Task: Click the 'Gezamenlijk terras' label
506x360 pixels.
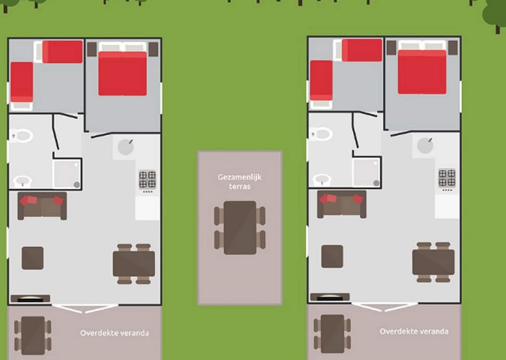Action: coord(239,181)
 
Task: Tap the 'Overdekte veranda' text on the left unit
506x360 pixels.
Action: coord(114,333)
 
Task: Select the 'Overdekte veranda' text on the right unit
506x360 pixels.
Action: coord(414,331)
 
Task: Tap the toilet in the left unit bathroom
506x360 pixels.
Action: coord(22,136)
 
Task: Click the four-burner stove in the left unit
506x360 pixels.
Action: coord(147,180)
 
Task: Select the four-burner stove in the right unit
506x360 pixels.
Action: coord(447,178)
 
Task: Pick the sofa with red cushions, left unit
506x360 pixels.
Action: coord(43,206)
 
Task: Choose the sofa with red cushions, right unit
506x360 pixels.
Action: coord(342,205)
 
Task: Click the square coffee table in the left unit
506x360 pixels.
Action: coord(32,258)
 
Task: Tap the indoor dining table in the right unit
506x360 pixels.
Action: coord(434,262)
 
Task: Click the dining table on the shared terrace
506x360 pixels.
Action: coord(240,228)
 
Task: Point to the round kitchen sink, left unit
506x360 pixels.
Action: coord(126,147)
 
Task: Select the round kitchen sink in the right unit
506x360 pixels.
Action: coord(426,146)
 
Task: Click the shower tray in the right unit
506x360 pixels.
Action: coord(366,173)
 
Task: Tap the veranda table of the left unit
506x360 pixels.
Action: coord(33,336)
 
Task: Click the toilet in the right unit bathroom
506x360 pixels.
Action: coord(321,134)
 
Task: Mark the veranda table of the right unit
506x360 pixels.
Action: coord(332,334)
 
